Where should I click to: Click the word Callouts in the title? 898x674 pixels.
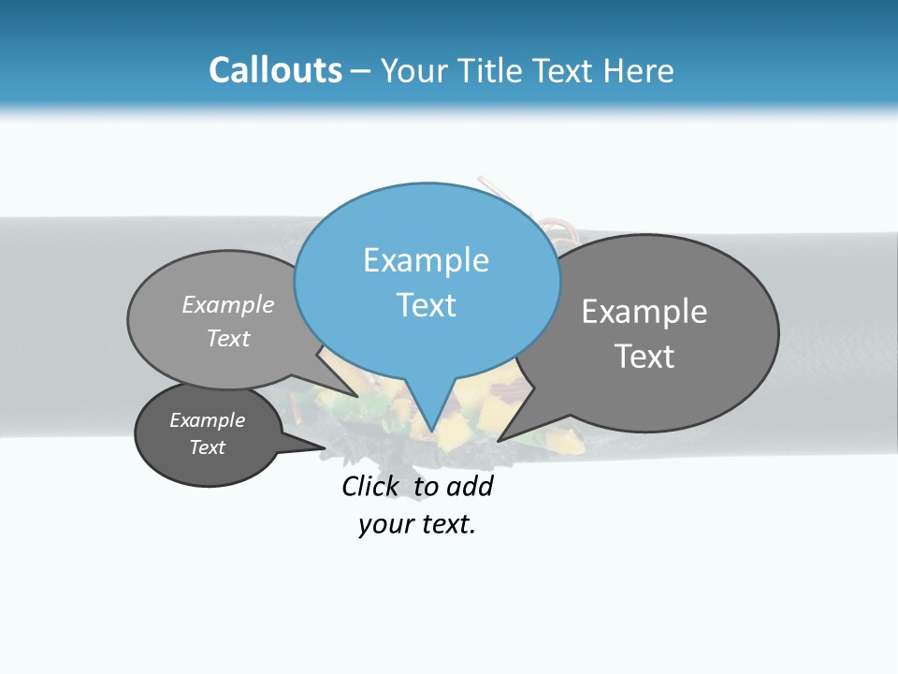point(275,70)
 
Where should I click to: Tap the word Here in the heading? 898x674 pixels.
point(639,70)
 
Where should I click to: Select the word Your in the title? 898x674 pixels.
point(415,71)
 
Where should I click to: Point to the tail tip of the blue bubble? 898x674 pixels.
point(431,432)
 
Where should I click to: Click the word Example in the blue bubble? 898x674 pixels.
point(426,260)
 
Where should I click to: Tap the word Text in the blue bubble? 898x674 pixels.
point(427,305)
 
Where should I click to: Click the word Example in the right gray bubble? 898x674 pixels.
point(645,312)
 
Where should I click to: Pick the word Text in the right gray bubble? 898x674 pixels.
point(645,357)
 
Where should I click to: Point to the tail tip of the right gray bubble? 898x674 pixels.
point(498,440)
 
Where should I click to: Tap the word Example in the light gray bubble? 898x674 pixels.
point(228,304)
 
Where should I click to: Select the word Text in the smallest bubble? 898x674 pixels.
point(208,447)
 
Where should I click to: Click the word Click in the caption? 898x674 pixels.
point(369,486)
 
